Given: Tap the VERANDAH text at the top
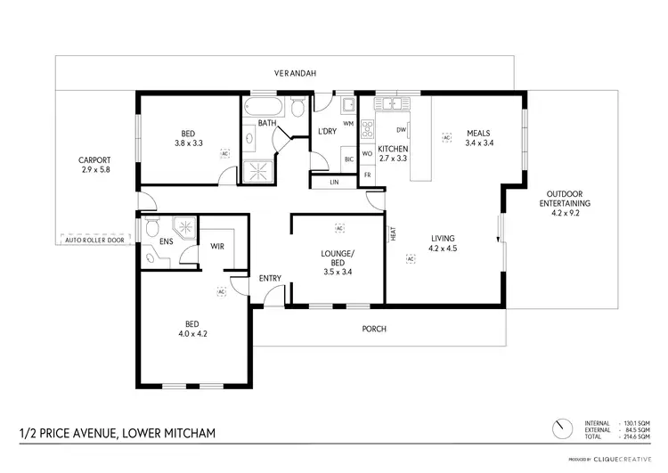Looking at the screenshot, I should (x=294, y=73).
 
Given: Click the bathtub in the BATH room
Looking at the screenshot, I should (x=262, y=110).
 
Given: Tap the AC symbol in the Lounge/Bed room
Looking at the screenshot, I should (x=338, y=227).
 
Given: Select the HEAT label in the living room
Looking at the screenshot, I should (x=392, y=234).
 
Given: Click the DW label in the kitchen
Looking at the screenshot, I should (x=401, y=130).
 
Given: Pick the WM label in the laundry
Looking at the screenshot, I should (x=348, y=123).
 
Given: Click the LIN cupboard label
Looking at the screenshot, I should (x=334, y=182).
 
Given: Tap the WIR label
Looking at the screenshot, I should (x=216, y=246).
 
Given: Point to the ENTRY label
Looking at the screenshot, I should (x=270, y=278).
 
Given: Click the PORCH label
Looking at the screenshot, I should (x=374, y=329).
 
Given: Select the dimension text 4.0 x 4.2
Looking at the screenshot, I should (x=192, y=334).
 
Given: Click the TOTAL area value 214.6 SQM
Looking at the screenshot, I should (x=635, y=436).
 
